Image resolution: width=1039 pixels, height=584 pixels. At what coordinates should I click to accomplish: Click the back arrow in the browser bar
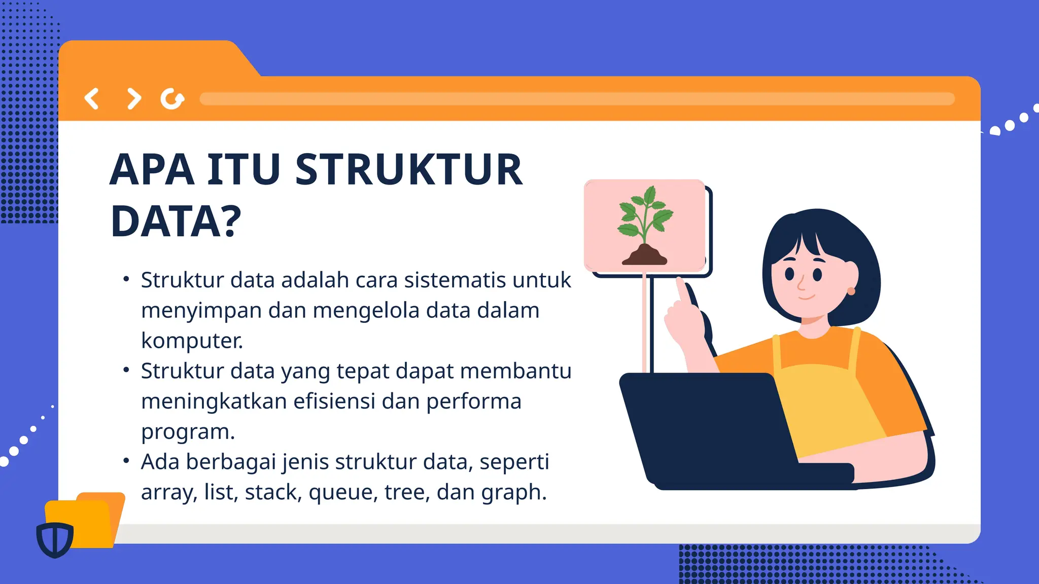(92, 99)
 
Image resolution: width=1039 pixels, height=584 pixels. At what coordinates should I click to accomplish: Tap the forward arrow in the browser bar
(133, 99)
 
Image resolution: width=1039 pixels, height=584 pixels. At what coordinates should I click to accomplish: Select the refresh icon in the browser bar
(172, 99)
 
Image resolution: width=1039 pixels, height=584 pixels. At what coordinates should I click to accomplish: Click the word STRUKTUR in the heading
(408, 170)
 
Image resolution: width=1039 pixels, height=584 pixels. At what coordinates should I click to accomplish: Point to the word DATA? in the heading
(176, 222)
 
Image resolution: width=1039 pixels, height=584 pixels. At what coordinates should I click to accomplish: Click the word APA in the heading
(152, 170)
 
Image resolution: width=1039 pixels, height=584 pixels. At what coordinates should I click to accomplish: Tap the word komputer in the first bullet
(192, 341)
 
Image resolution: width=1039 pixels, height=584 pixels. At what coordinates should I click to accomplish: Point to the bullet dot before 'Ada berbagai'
(126, 461)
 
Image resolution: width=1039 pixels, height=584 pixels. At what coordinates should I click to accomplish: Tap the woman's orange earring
(851, 291)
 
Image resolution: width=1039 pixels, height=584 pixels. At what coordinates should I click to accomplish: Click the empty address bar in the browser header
(577, 99)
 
